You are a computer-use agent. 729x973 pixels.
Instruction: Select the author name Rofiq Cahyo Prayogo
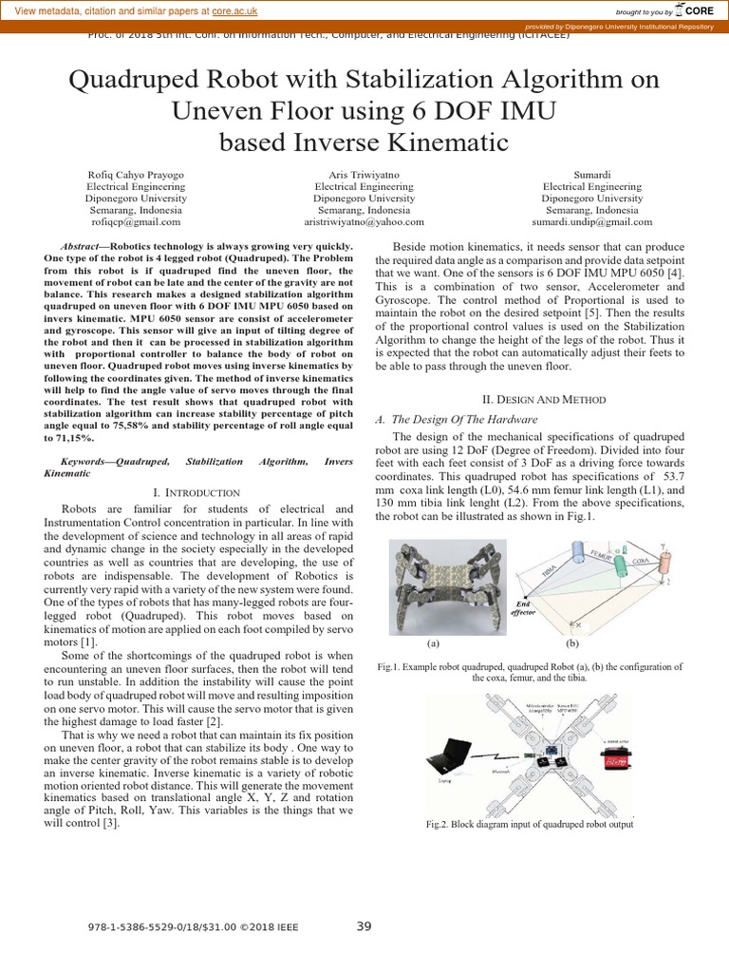click(136, 175)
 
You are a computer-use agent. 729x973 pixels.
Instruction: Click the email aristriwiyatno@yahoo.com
click(364, 221)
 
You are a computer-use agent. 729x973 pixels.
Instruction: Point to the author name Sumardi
click(591, 175)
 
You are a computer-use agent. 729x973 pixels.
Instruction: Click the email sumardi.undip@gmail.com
click(591, 221)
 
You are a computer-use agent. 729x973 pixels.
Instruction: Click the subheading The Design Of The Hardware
click(465, 419)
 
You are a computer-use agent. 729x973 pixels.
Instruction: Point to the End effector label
click(524, 607)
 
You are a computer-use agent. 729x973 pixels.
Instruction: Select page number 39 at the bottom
click(364, 926)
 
